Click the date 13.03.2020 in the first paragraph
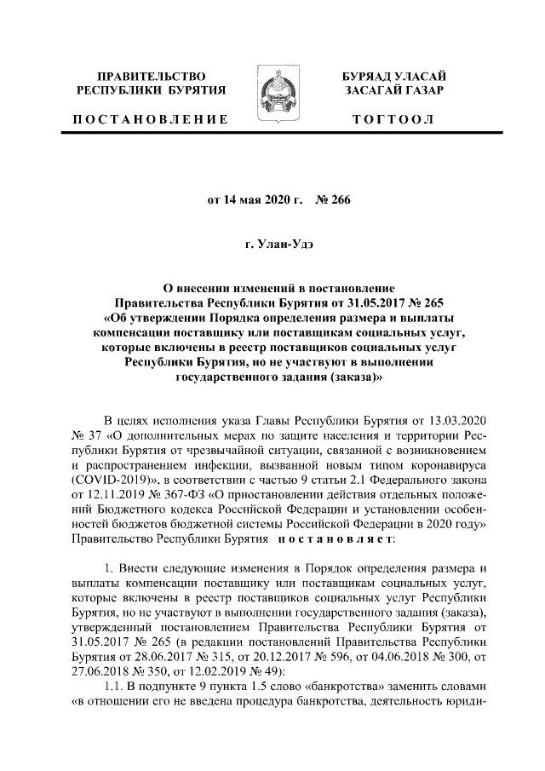(x=459, y=421)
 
